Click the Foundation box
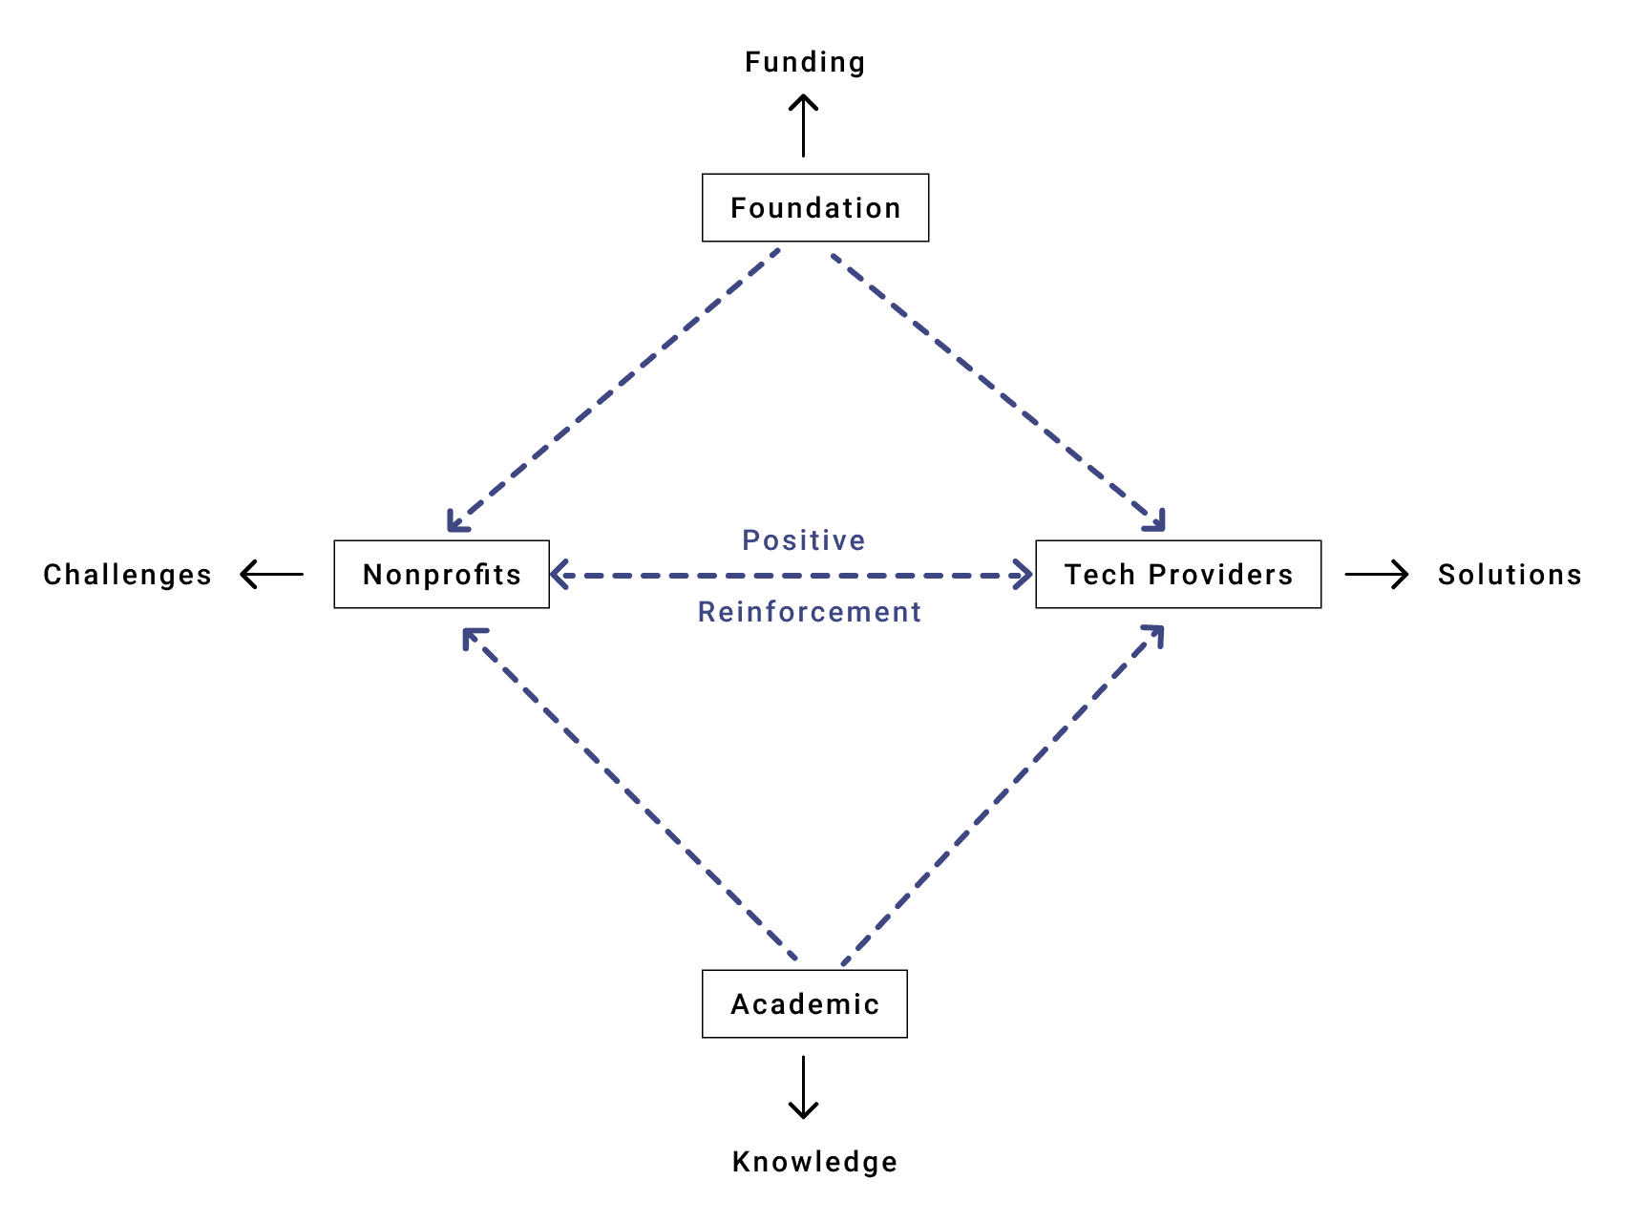(x=815, y=207)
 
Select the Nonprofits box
(x=441, y=574)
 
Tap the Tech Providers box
(x=1178, y=574)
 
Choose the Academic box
(x=804, y=1003)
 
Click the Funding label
(x=805, y=62)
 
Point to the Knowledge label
(x=814, y=1161)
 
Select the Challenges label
(x=127, y=574)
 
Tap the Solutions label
(x=1510, y=574)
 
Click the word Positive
(x=804, y=540)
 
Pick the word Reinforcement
(x=809, y=612)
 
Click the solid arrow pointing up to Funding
(x=803, y=126)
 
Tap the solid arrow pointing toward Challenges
(x=272, y=574)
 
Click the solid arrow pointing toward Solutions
(x=1376, y=574)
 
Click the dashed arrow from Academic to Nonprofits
(x=629, y=794)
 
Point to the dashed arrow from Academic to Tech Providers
(x=1003, y=794)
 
